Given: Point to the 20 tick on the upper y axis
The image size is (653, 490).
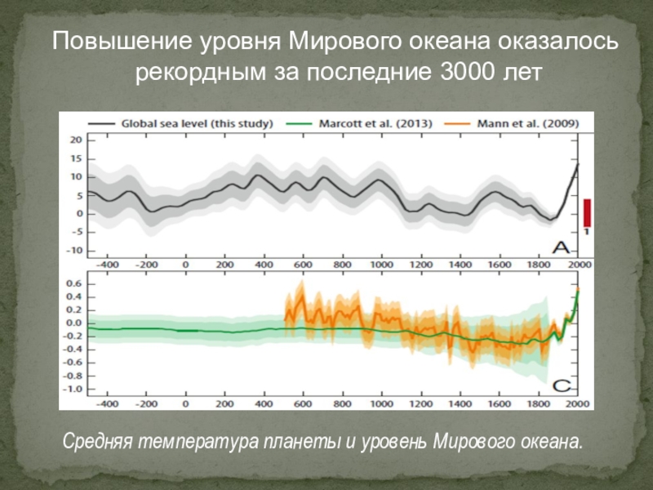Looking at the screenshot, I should tap(75, 140).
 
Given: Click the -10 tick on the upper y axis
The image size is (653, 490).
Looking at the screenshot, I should tap(73, 251).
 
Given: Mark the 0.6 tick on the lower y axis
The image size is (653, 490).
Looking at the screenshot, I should tap(73, 283).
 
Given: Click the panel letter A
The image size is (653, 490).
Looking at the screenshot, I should tap(562, 247).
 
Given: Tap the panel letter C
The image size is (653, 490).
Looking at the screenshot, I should tap(562, 385).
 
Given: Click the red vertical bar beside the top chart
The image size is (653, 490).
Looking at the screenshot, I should tap(586, 213).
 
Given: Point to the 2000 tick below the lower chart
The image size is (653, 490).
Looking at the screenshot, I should tap(578, 404).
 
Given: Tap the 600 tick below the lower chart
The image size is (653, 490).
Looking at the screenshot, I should tap(303, 404).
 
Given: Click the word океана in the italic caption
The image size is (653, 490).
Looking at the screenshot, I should tap(552, 443).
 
